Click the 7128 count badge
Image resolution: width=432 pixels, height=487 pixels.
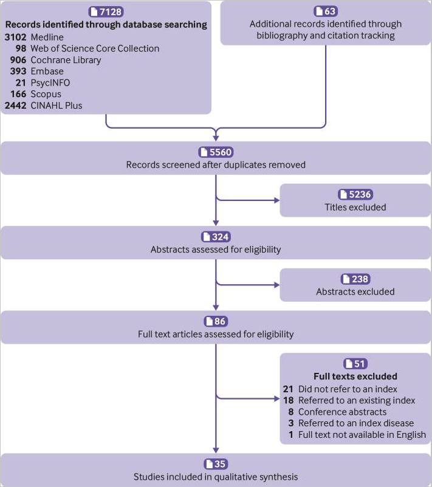coord(106,12)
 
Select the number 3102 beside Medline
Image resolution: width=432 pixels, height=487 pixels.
coord(15,37)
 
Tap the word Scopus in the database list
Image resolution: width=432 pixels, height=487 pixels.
coord(46,94)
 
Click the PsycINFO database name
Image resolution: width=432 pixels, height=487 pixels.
coord(50,83)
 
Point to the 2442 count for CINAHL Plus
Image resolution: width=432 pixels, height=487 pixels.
coord(16,106)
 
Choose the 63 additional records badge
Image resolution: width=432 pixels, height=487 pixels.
coord(326,11)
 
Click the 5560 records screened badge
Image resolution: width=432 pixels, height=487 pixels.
coord(216,152)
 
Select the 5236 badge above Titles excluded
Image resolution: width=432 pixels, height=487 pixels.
coord(355,194)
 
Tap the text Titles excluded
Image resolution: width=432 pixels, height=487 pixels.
coord(355,207)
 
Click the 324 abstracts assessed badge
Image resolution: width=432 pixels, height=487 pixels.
coord(216,237)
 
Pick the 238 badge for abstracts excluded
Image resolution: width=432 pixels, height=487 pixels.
coord(355,279)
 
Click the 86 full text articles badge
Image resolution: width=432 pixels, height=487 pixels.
coord(216,321)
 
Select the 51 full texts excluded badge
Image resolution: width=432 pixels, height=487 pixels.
coord(355,363)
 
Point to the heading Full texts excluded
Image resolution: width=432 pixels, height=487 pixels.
coord(355,376)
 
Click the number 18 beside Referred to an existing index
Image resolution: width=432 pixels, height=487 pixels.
coord(289,400)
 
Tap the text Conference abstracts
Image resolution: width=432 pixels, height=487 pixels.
coord(343,412)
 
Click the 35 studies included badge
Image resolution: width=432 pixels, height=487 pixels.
coord(216,464)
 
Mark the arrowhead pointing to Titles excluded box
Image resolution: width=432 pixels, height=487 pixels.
coord(277,200)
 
